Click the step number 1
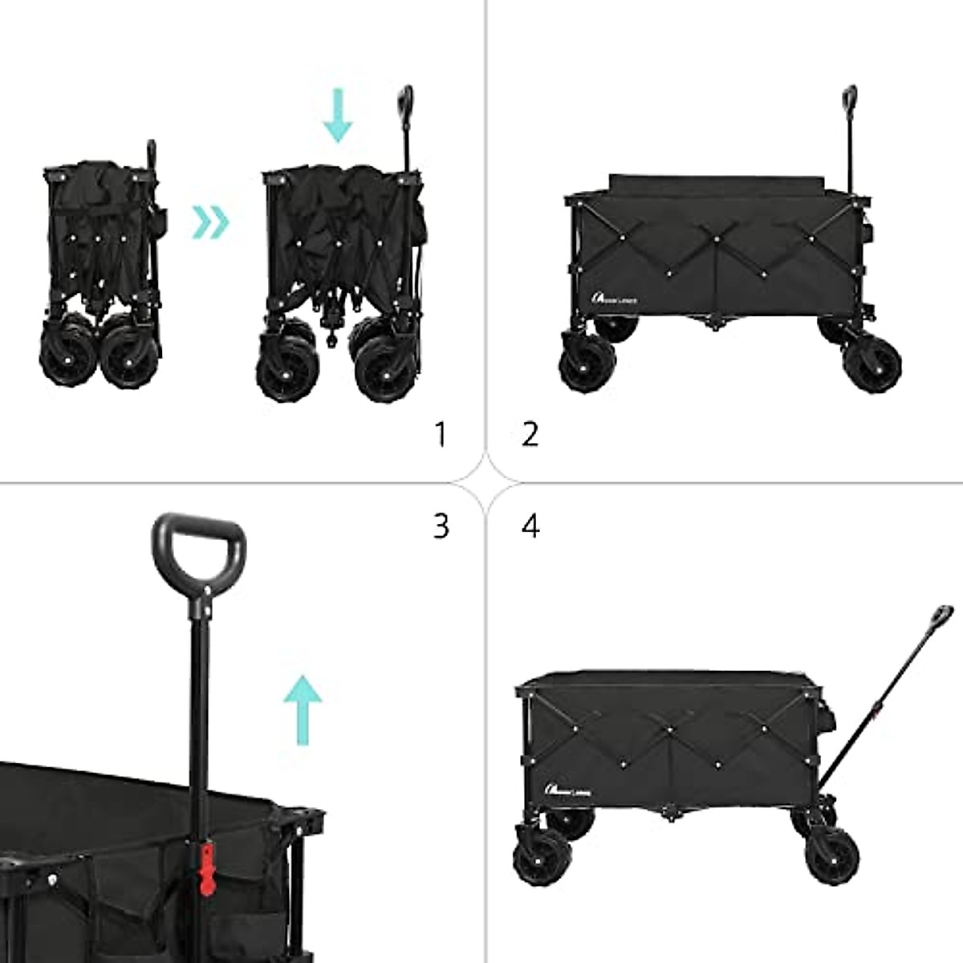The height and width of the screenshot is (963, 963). pyautogui.click(x=439, y=434)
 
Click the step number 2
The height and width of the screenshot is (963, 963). pyautogui.click(x=530, y=434)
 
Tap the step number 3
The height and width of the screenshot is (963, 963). pyautogui.click(x=441, y=526)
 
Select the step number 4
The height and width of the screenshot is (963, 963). pyautogui.click(x=530, y=526)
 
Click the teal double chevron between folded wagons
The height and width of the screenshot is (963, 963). pyautogui.click(x=210, y=221)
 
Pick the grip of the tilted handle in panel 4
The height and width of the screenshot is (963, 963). pyautogui.click(x=940, y=620)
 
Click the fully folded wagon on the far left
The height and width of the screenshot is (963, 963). pyautogui.click(x=100, y=273)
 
